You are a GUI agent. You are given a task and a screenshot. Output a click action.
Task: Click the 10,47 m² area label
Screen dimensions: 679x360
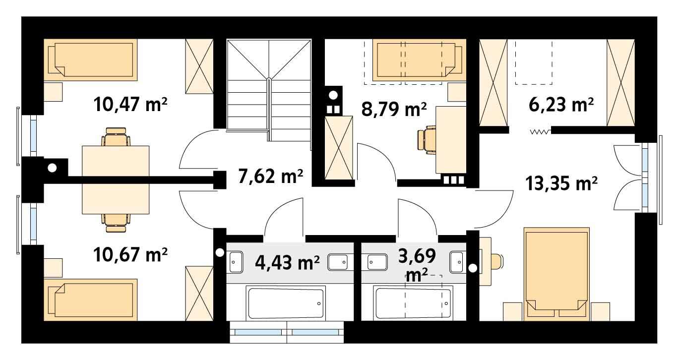[x=130, y=104]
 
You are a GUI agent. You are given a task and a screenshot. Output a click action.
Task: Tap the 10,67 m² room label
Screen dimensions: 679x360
[x=130, y=254]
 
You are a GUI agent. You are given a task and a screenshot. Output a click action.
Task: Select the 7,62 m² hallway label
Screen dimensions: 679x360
[x=270, y=176]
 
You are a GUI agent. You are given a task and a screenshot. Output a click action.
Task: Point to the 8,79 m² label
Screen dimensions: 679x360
[x=394, y=109]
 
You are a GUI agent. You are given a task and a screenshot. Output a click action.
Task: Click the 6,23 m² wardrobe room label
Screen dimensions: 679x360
[x=561, y=105]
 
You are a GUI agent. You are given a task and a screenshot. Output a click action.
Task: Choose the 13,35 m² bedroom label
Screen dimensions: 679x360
[x=561, y=183]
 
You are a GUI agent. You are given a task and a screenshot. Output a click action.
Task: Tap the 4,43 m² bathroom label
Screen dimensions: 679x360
[x=287, y=262]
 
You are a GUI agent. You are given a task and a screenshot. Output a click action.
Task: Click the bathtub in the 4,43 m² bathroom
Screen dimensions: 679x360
[x=286, y=303]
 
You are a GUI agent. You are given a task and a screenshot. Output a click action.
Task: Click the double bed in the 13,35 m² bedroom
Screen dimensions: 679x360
[x=556, y=274]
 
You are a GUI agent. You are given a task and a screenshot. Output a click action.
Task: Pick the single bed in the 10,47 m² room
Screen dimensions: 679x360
[x=91, y=60]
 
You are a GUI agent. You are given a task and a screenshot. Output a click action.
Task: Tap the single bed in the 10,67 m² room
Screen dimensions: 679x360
[x=91, y=300]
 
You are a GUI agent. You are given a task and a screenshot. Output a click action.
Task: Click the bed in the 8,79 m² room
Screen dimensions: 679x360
[x=419, y=60]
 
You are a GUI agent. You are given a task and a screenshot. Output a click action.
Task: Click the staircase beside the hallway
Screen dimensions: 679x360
[x=269, y=90]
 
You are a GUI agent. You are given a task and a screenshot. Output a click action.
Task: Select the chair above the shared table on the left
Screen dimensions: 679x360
[x=116, y=136]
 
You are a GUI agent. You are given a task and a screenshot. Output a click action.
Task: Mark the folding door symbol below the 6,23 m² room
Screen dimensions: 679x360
[x=540, y=132]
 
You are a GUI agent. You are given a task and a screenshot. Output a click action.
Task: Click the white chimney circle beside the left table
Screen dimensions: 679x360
[x=53, y=168]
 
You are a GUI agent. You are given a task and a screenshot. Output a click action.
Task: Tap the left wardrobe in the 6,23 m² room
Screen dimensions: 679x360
[x=493, y=82]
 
